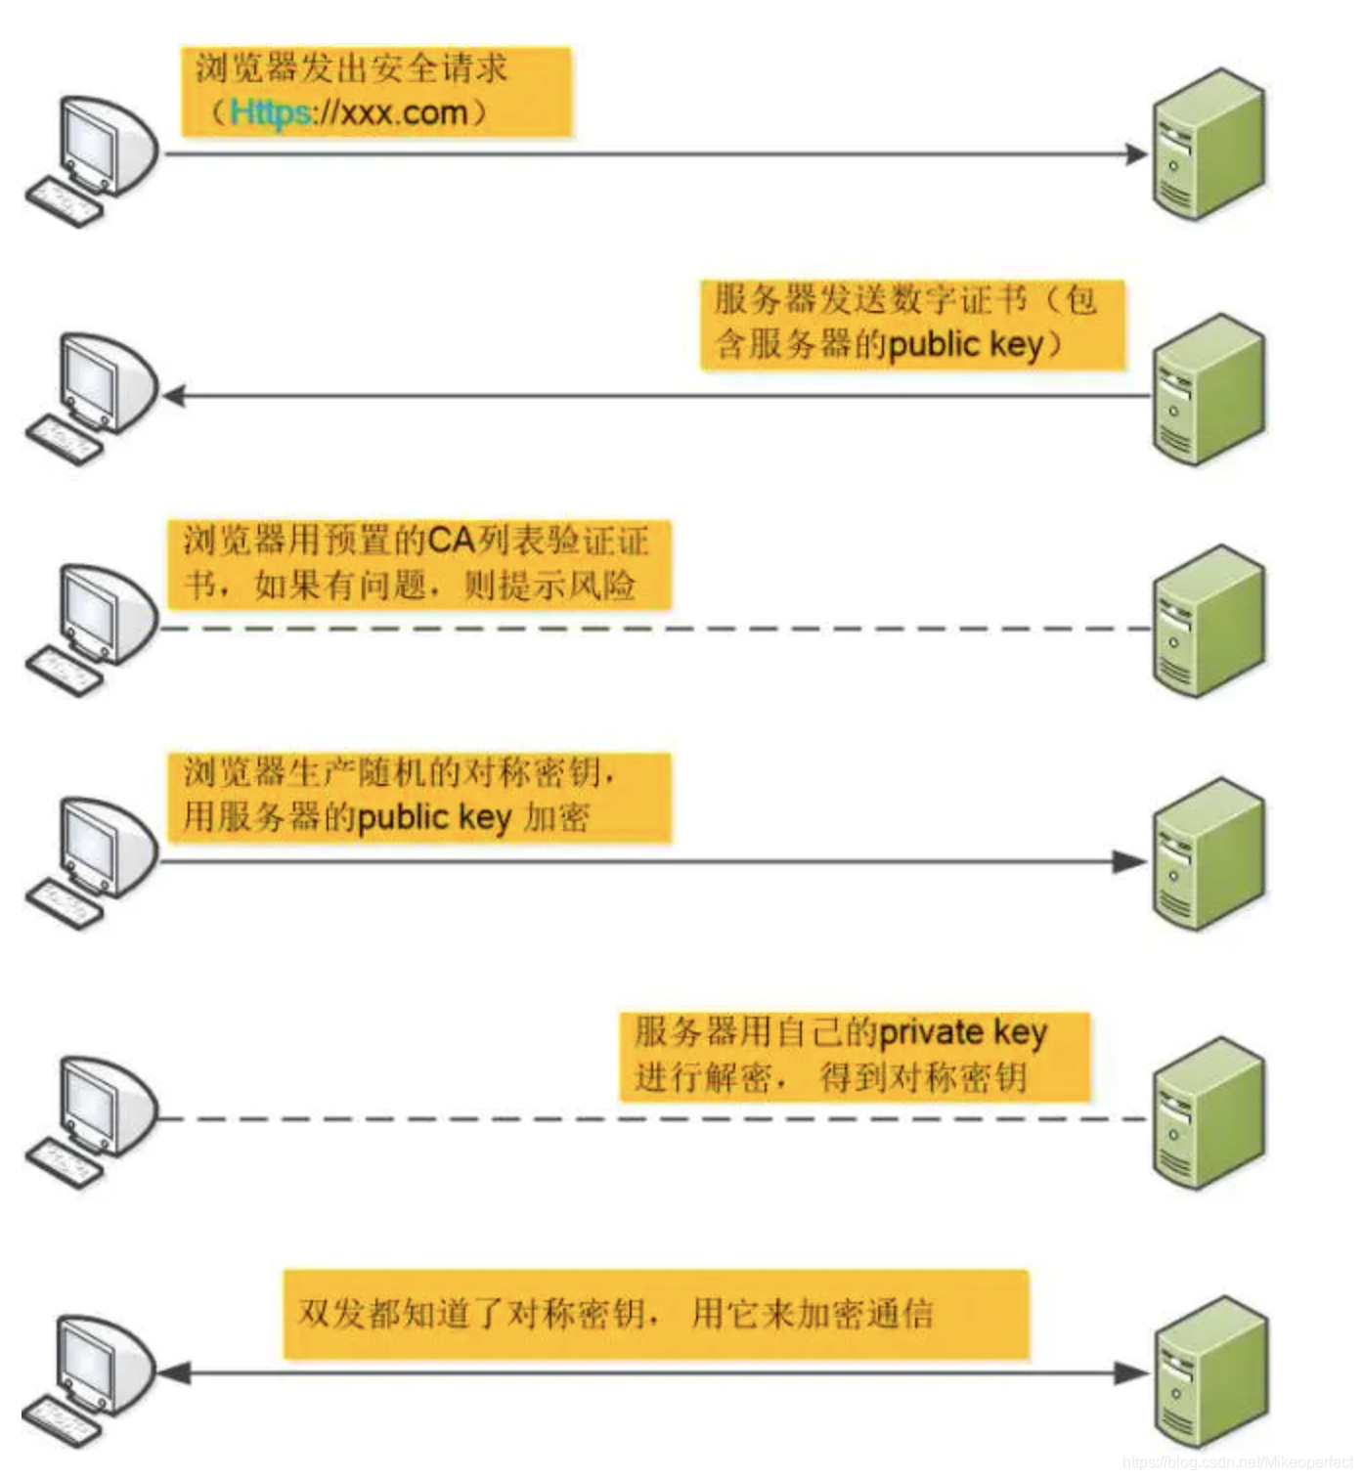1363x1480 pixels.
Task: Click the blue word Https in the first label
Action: click(x=270, y=112)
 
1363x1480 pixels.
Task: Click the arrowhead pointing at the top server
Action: click(x=1136, y=154)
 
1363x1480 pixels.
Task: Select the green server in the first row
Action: click(x=1209, y=144)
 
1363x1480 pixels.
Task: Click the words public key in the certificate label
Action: click(x=965, y=344)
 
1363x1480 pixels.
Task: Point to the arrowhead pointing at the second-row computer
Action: click(x=174, y=396)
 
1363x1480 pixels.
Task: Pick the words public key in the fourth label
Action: click(x=434, y=816)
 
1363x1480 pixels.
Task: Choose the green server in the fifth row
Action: click(x=1209, y=1113)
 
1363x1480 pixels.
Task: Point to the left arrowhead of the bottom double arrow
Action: click(x=174, y=1373)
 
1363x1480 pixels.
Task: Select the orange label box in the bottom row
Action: click(x=656, y=1314)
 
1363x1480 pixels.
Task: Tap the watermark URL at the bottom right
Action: click(x=1238, y=1462)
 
